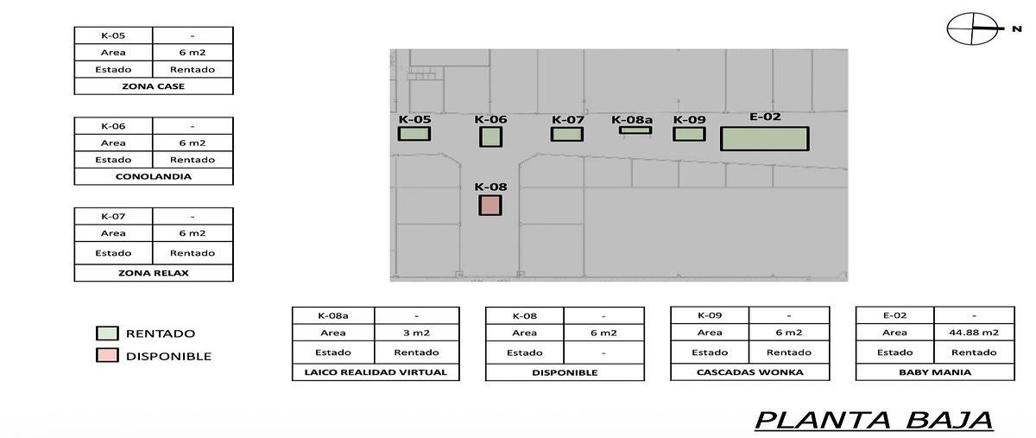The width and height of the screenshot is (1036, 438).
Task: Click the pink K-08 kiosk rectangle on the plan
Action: click(490, 205)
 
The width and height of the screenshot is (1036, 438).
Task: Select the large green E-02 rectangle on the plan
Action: click(765, 138)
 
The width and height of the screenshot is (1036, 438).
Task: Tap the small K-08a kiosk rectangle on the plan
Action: click(635, 130)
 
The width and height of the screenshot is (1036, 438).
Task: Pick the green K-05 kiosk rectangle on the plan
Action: click(414, 134)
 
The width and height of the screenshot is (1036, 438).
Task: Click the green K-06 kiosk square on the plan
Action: click(490, 136)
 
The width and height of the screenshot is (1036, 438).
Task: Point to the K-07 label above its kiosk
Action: click(568, 119)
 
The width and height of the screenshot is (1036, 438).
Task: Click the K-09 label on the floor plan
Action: click(690, 119)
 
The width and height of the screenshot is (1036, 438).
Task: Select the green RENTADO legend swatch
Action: click(107, 333)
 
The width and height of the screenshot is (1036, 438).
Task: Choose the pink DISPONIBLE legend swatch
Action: click(107, 355)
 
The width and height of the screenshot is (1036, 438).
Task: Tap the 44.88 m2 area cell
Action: click(974, 333)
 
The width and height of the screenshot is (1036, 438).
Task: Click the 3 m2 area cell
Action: click(416, 333)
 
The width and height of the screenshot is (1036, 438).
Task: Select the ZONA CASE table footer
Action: click(154, 86)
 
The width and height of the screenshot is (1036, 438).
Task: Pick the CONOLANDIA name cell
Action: click(154, 176)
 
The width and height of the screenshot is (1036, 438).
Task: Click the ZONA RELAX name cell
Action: click(154, 273)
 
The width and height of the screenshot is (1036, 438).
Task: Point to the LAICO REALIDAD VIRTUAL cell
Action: click(376, 372)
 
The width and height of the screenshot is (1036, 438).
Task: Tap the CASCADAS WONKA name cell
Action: click(749, 372)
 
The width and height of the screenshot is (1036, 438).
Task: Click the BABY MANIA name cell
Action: click(935, 372)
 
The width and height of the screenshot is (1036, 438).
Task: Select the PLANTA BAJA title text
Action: click(874, 421)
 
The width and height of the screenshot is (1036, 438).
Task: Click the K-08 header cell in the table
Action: click(525, 316)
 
